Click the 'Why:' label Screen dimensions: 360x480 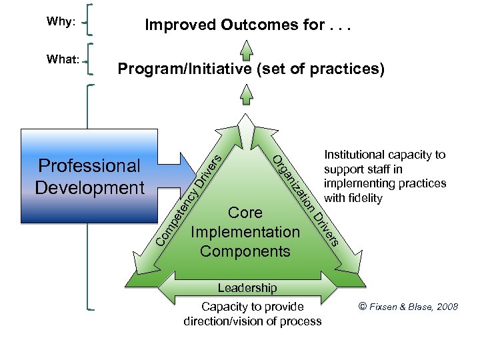point(61,21)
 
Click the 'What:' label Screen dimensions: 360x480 point(63,59)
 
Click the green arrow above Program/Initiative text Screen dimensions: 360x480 point(247,49)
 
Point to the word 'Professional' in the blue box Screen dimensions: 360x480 point(89,165)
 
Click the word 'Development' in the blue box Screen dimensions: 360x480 point(89,187)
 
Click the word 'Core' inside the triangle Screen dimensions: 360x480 point(245,213)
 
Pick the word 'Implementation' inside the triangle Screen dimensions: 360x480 point(245,232)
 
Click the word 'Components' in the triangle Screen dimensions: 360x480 point(245,251)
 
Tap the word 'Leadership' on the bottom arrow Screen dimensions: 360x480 point(247,288)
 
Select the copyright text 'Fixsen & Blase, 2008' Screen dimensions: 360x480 point(414,307)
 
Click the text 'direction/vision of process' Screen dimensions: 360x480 point(252,321)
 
